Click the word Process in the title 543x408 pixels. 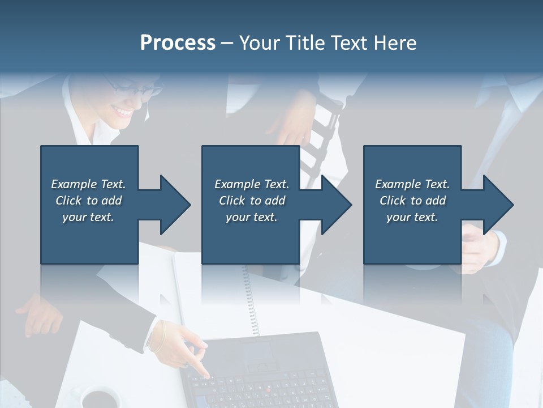(178, 43)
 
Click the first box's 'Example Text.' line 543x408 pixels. (88, 184)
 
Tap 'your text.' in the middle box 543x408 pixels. (251, 217)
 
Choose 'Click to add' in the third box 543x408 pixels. (413, 201)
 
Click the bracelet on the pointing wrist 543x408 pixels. (159, 338)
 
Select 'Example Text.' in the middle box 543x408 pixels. (251, 184)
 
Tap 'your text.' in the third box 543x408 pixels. (412, 217)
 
